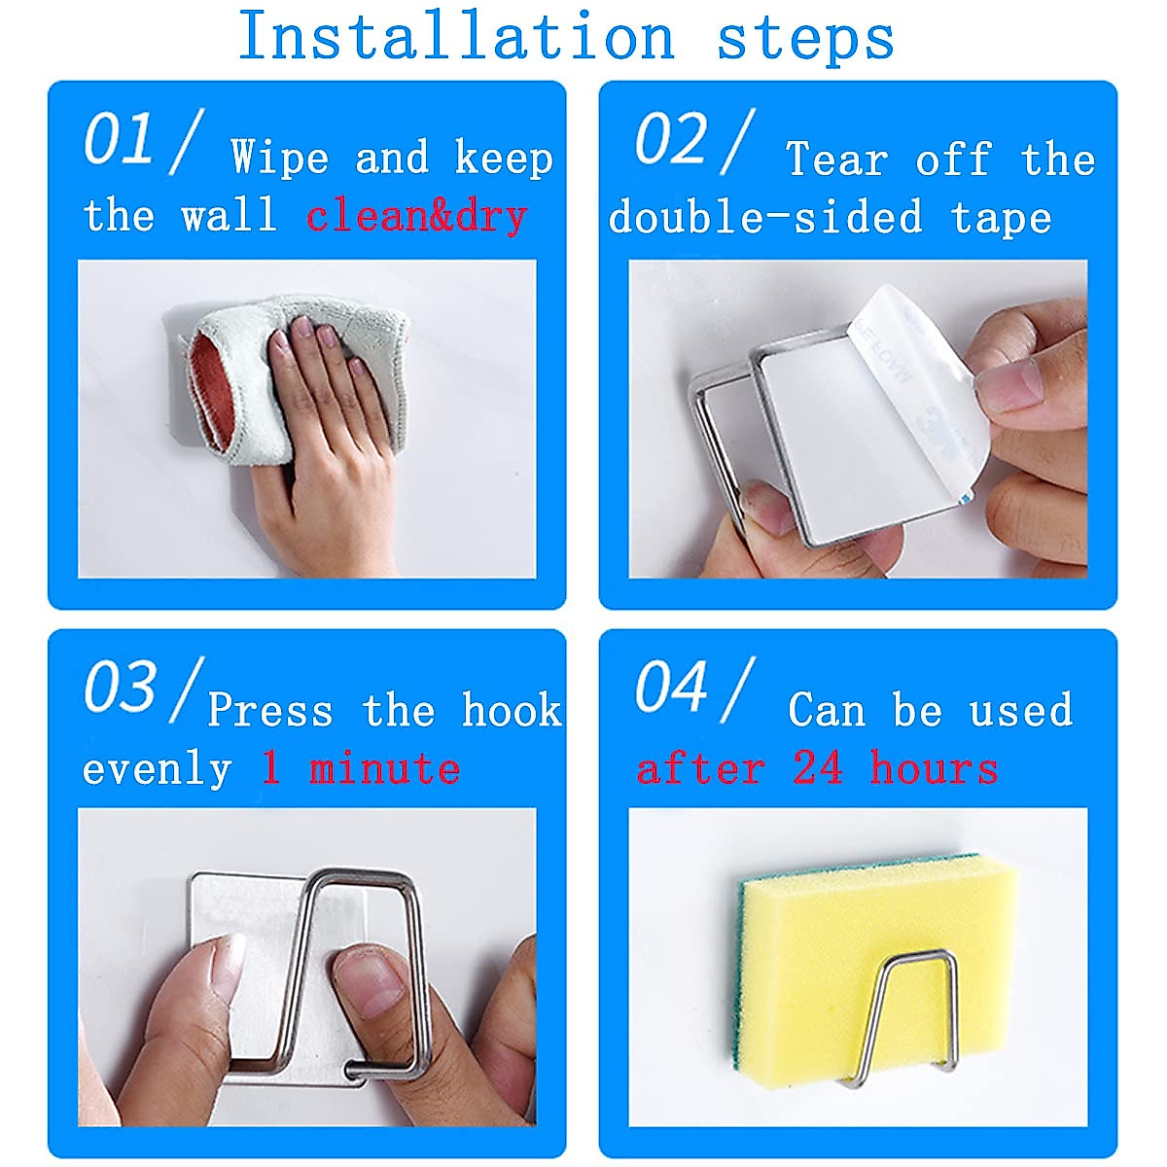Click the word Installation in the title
pyautogui.click(x=457, y=35)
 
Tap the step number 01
pyautogui.click(x=118, y=139)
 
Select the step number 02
pyautogui.click(x=670, y=139)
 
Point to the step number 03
pyautogui.click(x=120, y=687)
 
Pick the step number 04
pyautogui.click(x=671, y=687)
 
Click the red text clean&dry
pyautogui.click(x=416, y=217)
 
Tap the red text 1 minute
pyautogui.click(x=361, y=768)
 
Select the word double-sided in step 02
pyautogui.click(x=765, y=216)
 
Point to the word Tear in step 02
pyautogui.click(x=837, y=159)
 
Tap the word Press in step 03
pyautogui.click(x=270, y=709)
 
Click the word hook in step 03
pyautogui.click(x=512, y=709)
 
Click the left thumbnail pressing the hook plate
pyautogui.click(x=228, y=967)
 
